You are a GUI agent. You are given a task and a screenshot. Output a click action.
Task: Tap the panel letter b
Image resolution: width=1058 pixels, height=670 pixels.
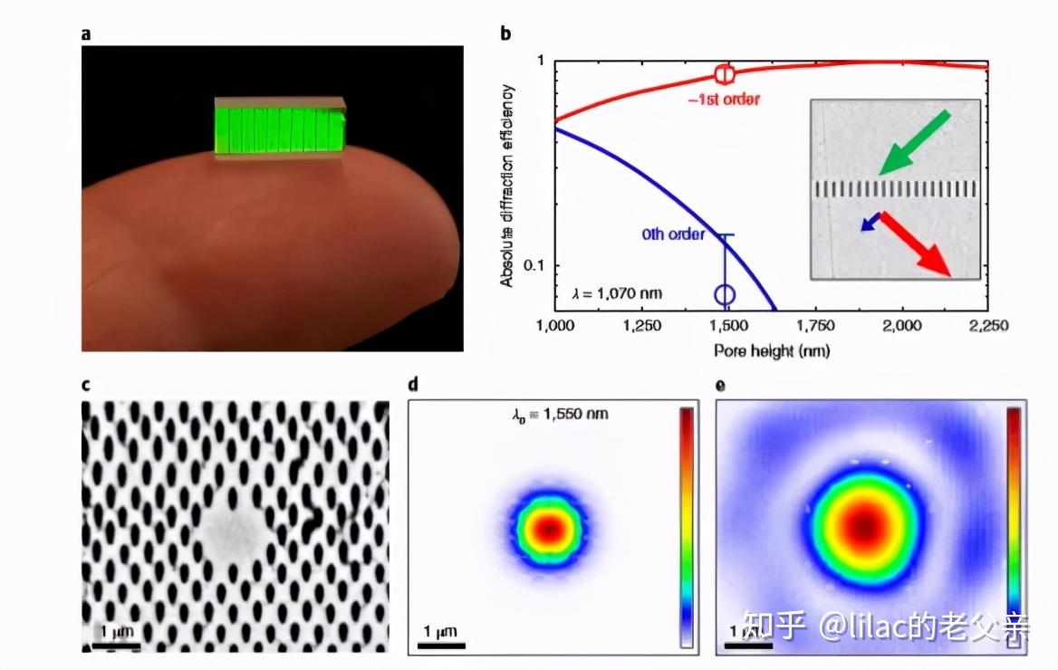click(x=505, y=34)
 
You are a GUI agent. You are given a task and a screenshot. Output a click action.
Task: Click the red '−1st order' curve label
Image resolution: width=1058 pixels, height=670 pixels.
click(x=724, y=99)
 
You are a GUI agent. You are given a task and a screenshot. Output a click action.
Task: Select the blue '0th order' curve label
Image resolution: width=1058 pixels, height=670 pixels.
click(x=673, y=234)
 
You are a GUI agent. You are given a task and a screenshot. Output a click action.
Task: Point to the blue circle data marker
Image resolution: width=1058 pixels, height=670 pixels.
click(x=725, y=294)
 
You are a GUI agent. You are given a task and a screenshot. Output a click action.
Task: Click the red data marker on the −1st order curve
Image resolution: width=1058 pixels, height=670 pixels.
click(x=725, y=74)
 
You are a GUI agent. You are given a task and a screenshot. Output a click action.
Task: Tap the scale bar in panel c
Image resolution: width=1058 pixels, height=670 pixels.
click(x=112, y=646)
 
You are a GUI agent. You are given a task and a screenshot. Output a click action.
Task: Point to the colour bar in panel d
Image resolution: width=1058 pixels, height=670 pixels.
click(x=688, y=525)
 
